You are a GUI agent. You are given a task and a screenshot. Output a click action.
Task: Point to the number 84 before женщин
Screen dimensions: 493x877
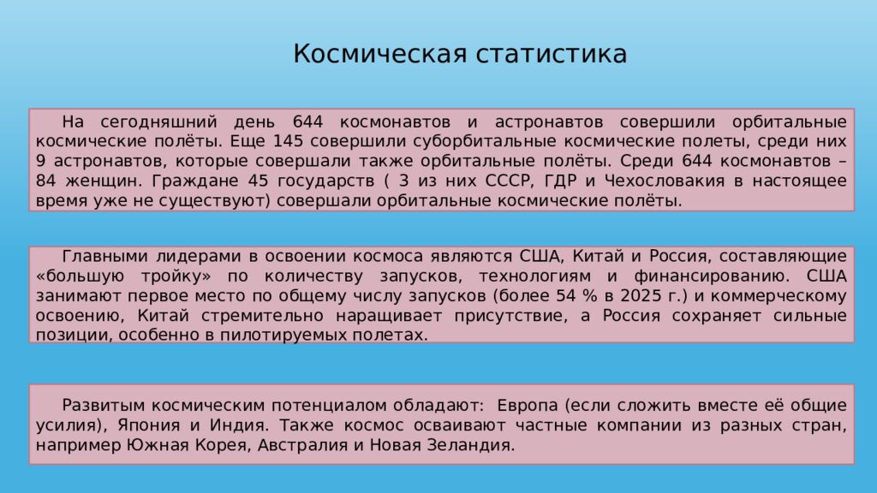pos(47,181)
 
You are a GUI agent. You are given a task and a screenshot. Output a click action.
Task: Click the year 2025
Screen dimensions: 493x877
pos(632,295)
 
